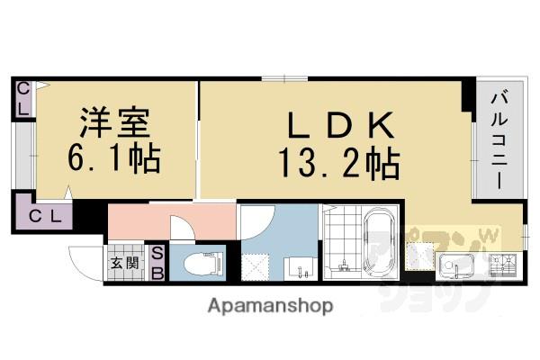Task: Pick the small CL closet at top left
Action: click(23, 98)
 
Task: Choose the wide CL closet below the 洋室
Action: click(43, 216)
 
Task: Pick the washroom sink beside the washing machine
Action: click(299, 267)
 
